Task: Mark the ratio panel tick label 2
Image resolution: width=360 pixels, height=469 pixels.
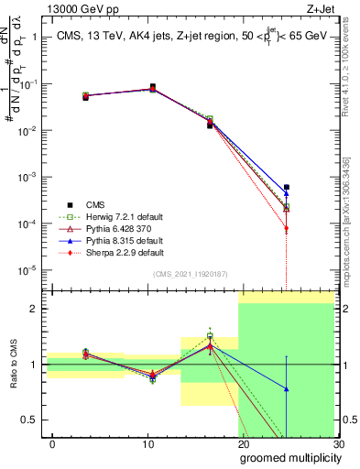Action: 33,309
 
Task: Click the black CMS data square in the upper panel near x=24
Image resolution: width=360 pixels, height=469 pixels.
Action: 286,187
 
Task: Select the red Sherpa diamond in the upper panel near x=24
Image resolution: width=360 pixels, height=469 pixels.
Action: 286,228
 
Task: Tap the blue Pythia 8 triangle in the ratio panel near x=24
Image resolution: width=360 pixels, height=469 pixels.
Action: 286,389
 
